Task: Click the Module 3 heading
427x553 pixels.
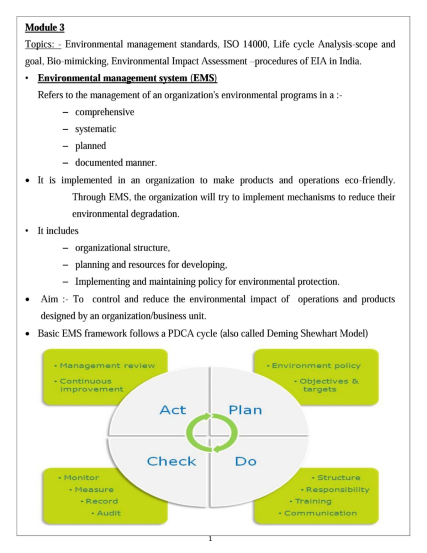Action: (x=45, y=27)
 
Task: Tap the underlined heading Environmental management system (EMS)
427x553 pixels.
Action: (x=127, y=78)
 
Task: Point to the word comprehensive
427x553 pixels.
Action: (x=105, y=112)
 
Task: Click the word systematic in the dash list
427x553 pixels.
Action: (x=95, y=129)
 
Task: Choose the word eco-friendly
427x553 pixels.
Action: (x=370, y=180)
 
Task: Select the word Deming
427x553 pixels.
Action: (x=283, y=334)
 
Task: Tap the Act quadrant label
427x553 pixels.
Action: (x=173, y=410)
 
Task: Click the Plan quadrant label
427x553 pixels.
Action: (x=245, y=410)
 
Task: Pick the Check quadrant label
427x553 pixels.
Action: (x=172, y=461)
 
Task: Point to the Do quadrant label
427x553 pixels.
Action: (x=246, y=461)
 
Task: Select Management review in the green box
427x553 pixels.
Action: (x=107, y=366)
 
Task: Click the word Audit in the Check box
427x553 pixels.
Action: (x=109, y=513)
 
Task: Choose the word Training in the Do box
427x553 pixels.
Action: (x=313, y=501)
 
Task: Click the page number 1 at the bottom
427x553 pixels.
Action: (x=210, y=539)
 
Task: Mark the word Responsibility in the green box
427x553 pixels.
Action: (x=337, y=490)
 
